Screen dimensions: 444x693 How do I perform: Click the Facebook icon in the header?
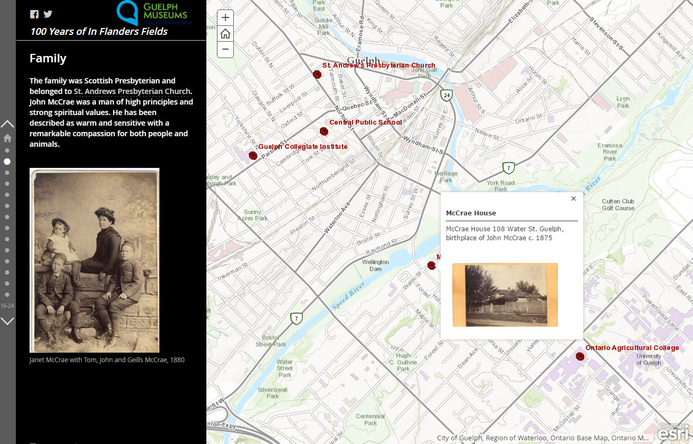(34, 14)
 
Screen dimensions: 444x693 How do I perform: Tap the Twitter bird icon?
(48, 14)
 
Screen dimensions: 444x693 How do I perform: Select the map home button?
(225, 34)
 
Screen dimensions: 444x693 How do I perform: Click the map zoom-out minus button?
(225, 50)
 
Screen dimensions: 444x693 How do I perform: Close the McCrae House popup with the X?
(573, 199)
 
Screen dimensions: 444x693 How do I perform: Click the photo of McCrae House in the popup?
(505, 295)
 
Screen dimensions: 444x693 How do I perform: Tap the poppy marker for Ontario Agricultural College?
(580, 356)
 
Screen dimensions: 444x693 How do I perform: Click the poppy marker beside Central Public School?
(324, 131)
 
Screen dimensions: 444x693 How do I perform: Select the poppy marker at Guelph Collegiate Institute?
(253, 155)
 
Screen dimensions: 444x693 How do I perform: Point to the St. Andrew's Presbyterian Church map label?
(378, 65)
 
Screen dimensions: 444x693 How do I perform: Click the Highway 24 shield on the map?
(447, 95)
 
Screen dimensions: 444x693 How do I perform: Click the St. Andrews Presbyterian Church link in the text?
(132, 91)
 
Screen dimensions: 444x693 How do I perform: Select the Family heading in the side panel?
(48, 59)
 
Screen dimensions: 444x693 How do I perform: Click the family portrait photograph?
(94, 260)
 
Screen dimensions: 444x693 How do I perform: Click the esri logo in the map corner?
(673, 433)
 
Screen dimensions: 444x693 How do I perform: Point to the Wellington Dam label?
(375, 266)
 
